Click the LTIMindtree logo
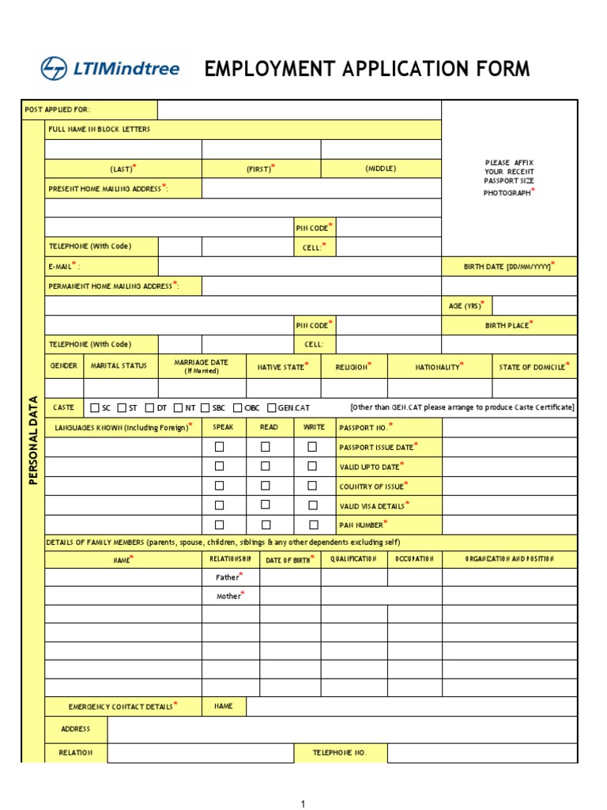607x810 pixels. (111, 69)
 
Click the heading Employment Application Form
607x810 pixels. (367, 69)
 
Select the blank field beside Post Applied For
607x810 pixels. (299, 110)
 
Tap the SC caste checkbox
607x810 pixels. (96, 408)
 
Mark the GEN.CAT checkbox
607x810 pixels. (272, 408)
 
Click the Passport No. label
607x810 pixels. (366, 428)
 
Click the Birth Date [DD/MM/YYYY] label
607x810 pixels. (509, 267)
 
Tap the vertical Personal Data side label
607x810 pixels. (33, 440)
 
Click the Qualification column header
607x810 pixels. (353, 559)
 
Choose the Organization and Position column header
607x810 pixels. (509, 559)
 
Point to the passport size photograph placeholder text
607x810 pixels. (509, 178)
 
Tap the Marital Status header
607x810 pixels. (119, 366)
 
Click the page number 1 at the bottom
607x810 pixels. (302, 804)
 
